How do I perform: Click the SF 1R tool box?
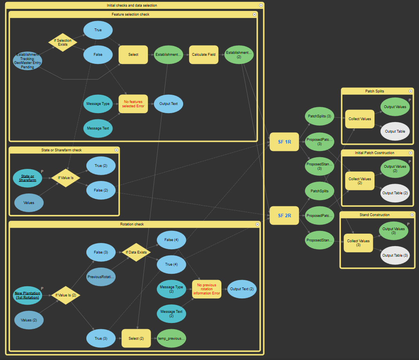coord(284,142)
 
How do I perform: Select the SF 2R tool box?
coord(284,215)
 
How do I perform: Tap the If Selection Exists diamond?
coord(63,42)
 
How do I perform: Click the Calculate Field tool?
coord(204,54)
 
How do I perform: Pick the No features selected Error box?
coord(133,104)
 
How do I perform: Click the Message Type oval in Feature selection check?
coord(98,104)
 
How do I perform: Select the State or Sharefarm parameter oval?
coord(28,178)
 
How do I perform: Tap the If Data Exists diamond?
coord(136,252)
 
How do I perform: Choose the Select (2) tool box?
coord(136,338)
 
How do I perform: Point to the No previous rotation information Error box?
coord(207,289)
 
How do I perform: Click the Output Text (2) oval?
coord(242,289)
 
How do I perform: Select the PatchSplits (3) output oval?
coord(319,116)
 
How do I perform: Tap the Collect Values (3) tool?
coord(358,243)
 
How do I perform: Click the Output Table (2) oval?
coord(395,193)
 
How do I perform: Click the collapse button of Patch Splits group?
coord(410,91)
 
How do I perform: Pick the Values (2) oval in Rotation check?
coord(29,320)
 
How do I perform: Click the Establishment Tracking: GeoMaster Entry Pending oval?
coord(27,61)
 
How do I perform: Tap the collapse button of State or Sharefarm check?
coord(116,150)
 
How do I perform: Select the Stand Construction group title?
coord(374,215)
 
